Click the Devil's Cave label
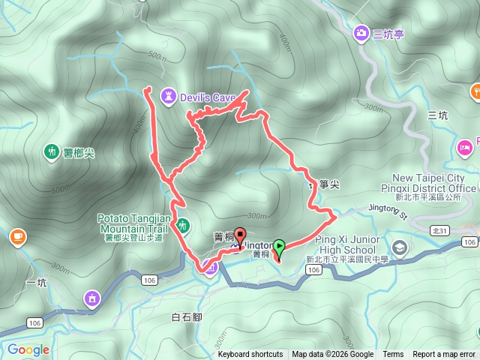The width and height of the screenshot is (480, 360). [208, 97]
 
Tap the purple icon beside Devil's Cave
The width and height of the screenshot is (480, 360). [169, 96]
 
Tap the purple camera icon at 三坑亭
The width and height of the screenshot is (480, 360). [361, 33]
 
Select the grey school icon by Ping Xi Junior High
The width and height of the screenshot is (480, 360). [400, 247]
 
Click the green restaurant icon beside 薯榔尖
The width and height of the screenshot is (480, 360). [52, 151]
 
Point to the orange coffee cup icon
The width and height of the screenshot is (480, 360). [16, 237]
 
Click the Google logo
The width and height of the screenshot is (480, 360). [28, 349]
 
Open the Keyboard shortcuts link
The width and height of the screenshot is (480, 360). [250, 355]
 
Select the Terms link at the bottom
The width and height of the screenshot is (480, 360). [393, 355]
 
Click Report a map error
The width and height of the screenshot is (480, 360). [445, 355]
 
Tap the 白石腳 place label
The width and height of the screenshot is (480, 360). [187, 318]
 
